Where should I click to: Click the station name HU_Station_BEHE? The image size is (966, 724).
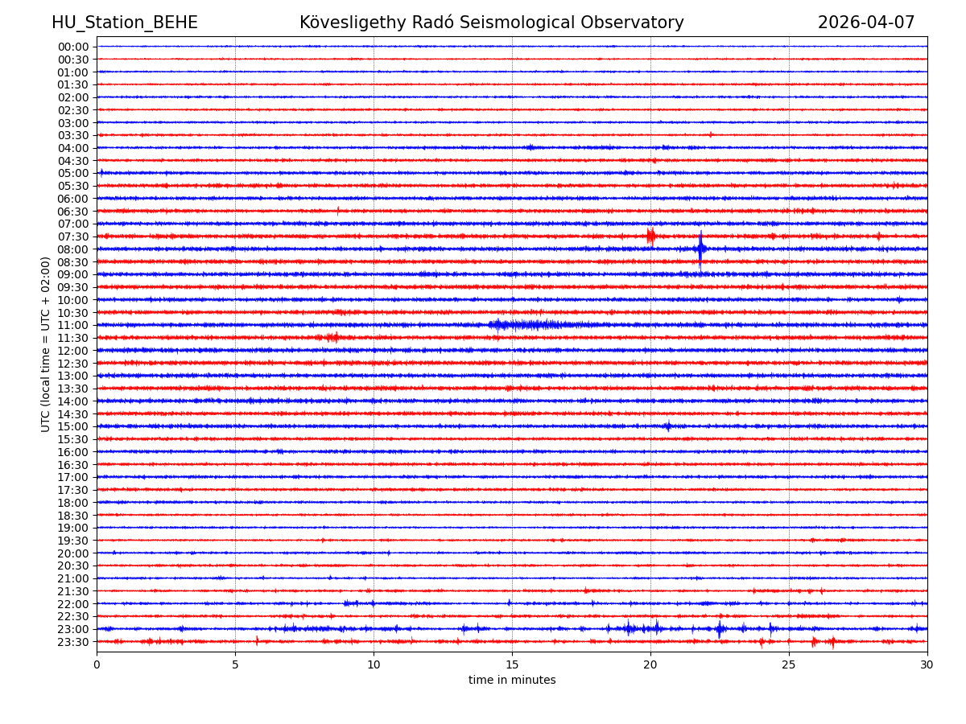[x=124, y=23]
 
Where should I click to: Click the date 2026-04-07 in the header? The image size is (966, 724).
[x=866, y=23]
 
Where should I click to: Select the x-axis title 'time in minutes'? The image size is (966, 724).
[x=512, y=681]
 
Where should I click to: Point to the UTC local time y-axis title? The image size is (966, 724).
[x=46, y=344]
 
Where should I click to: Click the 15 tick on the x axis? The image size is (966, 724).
[x=512, y=665]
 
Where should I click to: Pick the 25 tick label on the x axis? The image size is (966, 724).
[x=789, y=665]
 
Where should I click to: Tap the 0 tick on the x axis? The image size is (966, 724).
[x=97, y=665]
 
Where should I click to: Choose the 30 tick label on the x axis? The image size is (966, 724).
[x=927, y=665]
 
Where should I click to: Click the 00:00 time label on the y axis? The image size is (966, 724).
[x=72, y=47]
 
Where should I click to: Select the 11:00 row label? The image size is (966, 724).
[x=72, y=325]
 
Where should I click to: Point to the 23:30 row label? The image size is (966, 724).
[x=72, y=642]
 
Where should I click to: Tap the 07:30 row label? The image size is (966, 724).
[x=72, y=237]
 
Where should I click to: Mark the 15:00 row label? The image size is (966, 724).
[x=72, y=426]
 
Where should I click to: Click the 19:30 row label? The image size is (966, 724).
[x=72, y=541]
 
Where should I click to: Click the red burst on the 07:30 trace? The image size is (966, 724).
[x=650, y=236]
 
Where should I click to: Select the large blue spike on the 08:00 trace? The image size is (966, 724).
[x=701, y=249]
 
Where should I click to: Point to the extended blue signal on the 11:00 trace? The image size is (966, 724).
[x=527, y=325]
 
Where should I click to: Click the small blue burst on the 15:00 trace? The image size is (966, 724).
[x=667, y=426]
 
